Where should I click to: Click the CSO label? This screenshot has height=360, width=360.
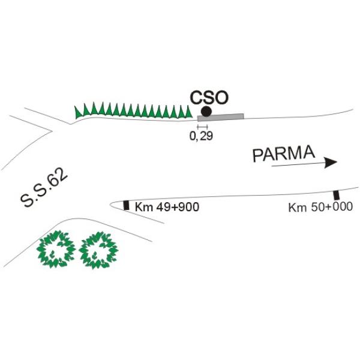click(x=209, y=98)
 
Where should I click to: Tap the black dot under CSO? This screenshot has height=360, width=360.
click(x=206, y=112)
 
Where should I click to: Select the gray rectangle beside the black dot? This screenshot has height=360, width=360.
click(x=220, y=117)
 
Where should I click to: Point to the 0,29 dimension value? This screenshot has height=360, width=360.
click(x=201, y=136)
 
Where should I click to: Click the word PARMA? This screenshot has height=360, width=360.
click(x=284, y=153)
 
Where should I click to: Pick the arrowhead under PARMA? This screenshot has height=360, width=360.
click(x=331, y=163)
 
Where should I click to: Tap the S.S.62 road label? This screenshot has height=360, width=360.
click(x=44, y=188)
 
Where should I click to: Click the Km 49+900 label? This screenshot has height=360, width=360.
click(x=167, y=207)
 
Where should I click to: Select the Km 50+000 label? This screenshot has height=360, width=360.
click(x=320, y=207)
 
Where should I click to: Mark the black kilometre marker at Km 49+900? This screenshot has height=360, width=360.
click(x=126, y=205)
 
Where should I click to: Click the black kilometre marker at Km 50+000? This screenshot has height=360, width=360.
click(x=337, y=195)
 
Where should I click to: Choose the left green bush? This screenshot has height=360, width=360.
click(x=56, y=250)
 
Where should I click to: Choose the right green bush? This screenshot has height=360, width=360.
click(x=98, y=250)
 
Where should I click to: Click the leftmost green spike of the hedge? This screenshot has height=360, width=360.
click(x=78, y=112)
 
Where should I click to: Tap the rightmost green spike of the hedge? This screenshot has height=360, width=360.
click(x=189, y=112)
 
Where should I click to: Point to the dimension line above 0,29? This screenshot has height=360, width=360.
click(x=202, y=127)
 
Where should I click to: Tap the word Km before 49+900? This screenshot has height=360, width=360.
click(x=144, y=207)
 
